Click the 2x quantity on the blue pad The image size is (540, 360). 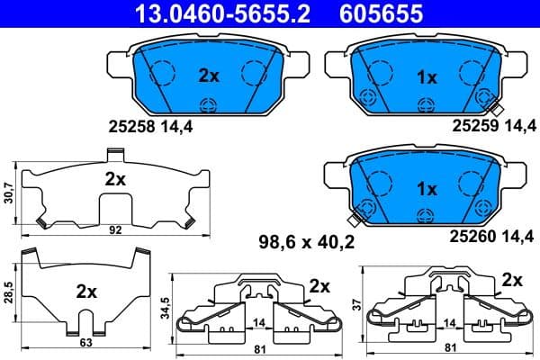[209, 76]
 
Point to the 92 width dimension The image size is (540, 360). [114, 230]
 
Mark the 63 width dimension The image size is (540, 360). [86, 342]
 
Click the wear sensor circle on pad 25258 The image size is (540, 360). [209, 104]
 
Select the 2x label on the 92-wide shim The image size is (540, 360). [114, 178]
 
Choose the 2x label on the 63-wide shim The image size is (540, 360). [86, 292]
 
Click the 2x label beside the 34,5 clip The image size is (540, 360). [319, 285]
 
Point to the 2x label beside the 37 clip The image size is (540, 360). [511, 279]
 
